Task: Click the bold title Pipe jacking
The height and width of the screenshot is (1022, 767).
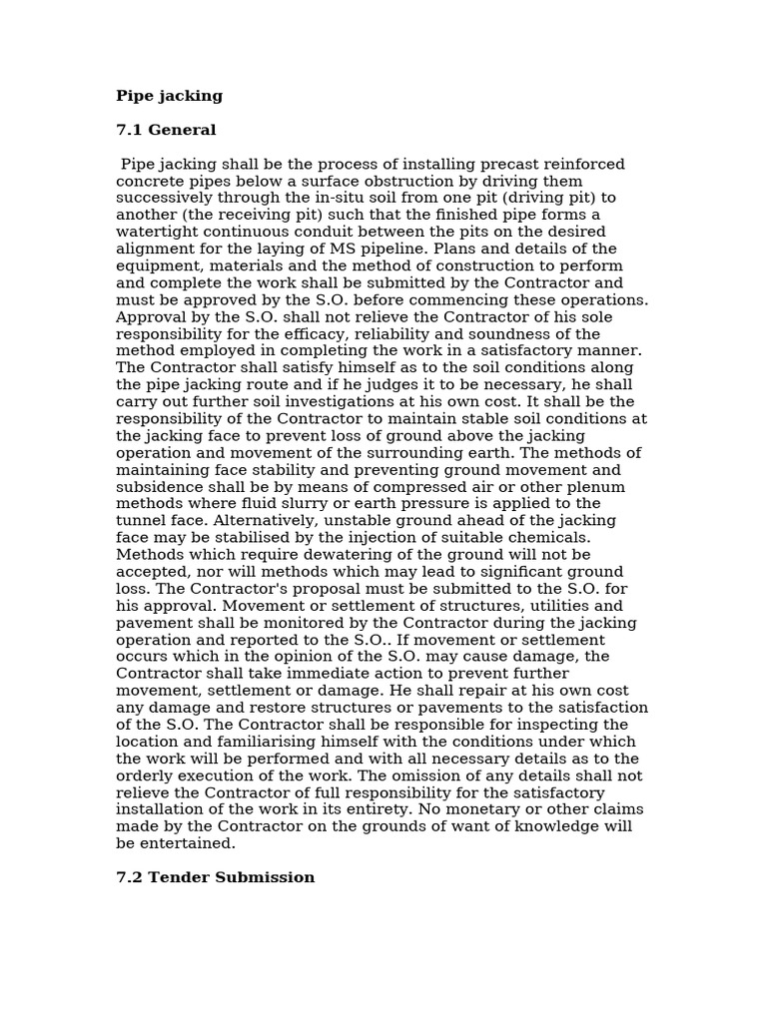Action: (169, 97)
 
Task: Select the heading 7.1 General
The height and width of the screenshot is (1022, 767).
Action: (166, 131)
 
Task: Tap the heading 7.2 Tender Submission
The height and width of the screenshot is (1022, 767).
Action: (215, 878)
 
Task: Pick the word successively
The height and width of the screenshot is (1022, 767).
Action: (165, 199)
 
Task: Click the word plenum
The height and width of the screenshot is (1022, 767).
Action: (596, 487)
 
